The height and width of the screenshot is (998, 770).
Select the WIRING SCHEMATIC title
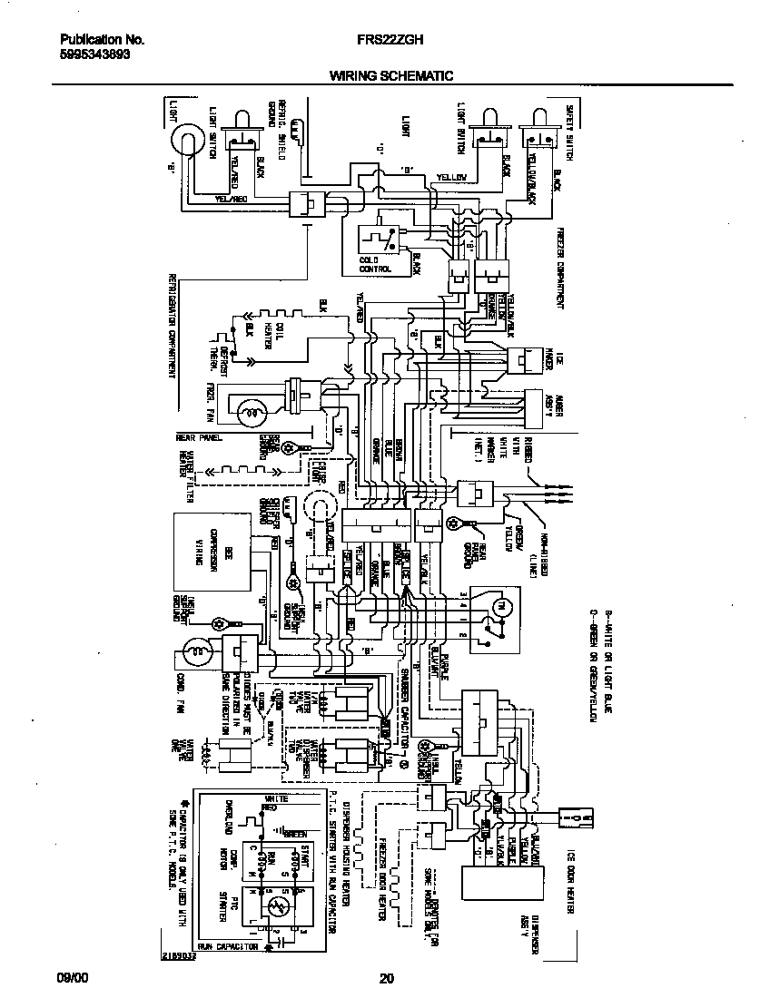[x=390, y=76]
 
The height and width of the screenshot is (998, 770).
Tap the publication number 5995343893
[x=94, y=54]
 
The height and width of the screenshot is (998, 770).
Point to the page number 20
[x=386, y=978]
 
